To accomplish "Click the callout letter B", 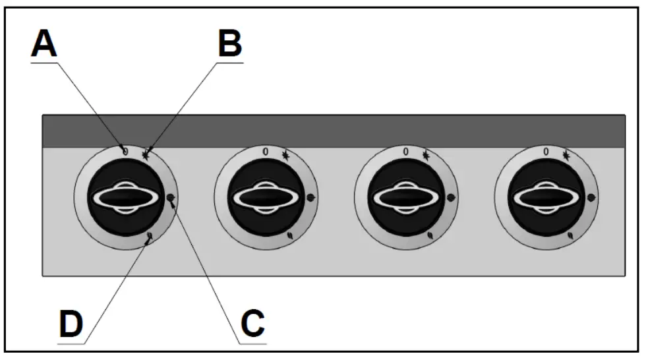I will point(229,45).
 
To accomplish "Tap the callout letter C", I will point(252,323).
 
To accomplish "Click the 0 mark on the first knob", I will point(125,151).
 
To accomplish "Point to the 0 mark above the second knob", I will point(266,152).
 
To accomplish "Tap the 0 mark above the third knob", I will point(405,152).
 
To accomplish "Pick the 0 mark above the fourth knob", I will point(546,152).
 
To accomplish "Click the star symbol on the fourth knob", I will point(566,156).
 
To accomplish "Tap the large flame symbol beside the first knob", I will point(171,197).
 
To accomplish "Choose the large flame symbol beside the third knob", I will point(452,197).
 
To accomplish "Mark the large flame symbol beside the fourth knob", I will point(591,197).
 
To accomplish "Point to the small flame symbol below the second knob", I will point(291,235).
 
